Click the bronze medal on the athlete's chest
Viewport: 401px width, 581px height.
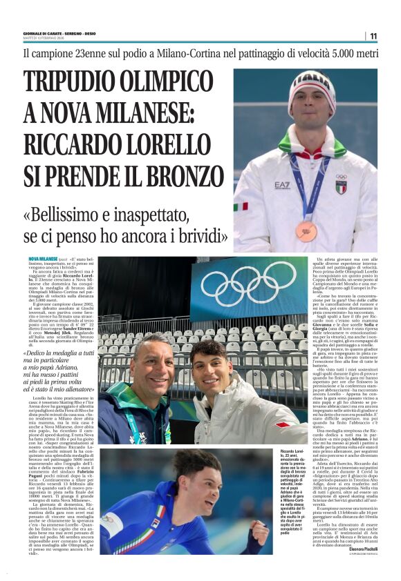pyautogui.click(x=306, y=230)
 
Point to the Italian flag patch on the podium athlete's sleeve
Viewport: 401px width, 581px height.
pyautogui.click(x=241, y=206)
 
